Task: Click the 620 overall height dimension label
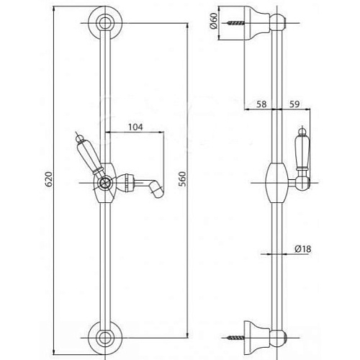click(49, 179)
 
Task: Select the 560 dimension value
click(183, 179)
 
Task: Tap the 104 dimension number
click(135, 127)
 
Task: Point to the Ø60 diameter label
click(213, 21)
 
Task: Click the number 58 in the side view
click(261, 104)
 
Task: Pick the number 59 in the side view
click(294, 104)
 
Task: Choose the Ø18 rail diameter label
click(303, 249)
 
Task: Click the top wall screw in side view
click(235, 23)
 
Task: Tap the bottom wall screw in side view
click(235, 338)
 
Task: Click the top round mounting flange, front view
click(105, 12)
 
